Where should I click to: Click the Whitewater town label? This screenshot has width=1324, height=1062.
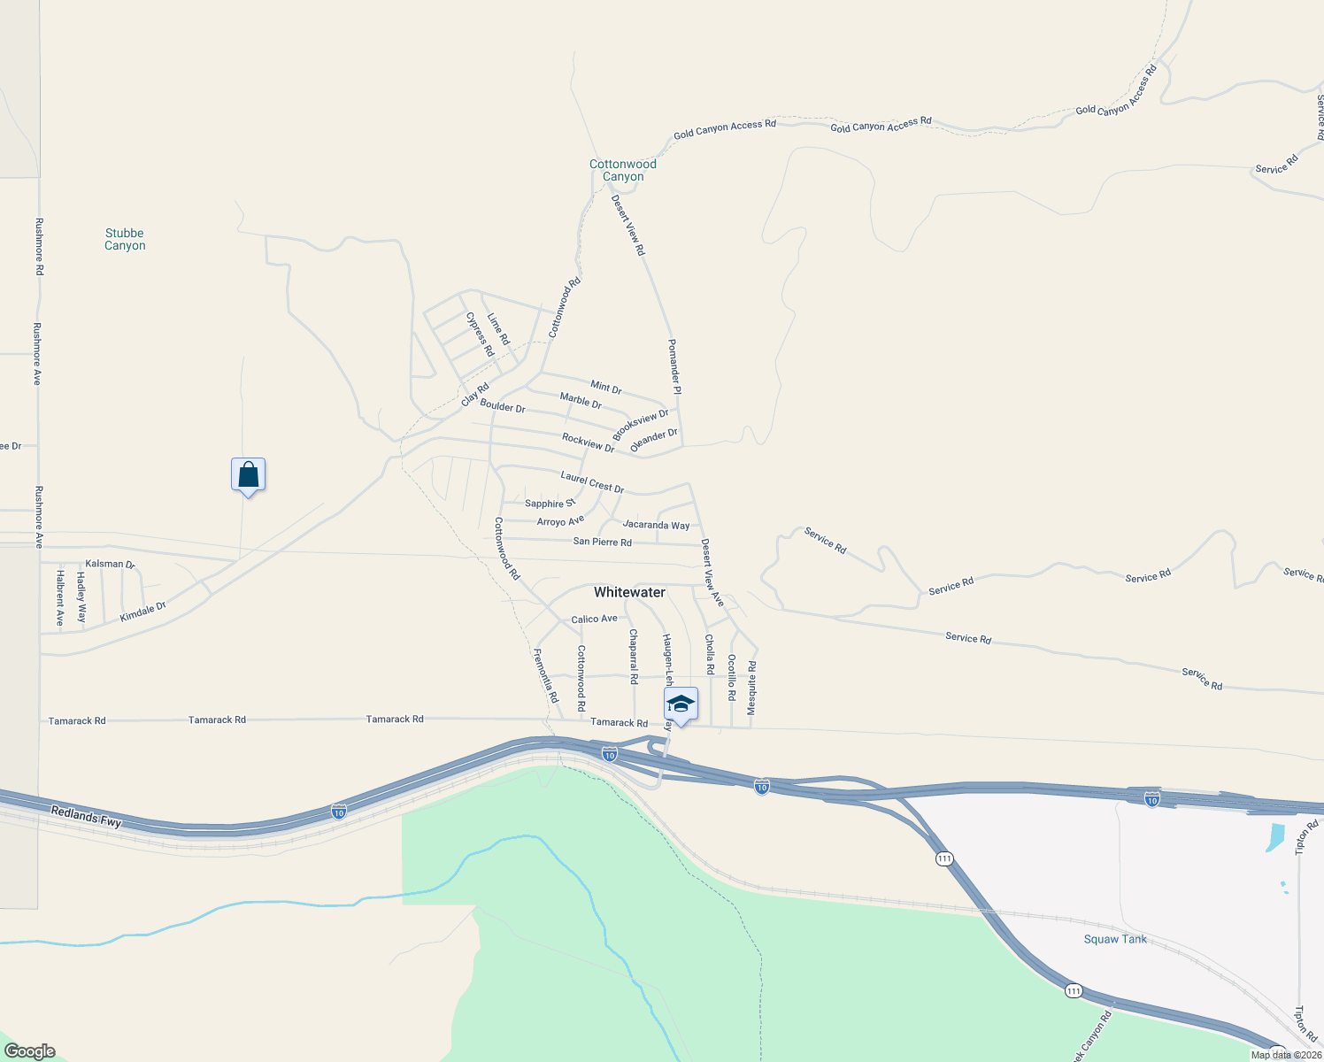pos(629,592)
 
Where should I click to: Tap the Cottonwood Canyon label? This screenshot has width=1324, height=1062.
pos(623,170)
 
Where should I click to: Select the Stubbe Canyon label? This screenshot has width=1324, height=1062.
pos(125,239)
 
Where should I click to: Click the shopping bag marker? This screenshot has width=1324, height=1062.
pos(248,475)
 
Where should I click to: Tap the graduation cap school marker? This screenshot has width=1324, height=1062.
pos(681,704)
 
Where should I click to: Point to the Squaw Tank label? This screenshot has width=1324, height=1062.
pos(1115,939)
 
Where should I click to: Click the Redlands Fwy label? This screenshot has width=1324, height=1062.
pos(86,816)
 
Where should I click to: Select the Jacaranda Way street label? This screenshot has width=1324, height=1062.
pos(656,525)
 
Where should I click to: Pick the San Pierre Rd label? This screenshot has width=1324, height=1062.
pos(602,542)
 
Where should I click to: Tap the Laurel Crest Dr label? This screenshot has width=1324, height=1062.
pos(592,482)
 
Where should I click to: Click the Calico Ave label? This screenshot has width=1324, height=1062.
pos(594,619)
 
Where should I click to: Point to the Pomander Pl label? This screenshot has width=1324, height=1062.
pos(674,366)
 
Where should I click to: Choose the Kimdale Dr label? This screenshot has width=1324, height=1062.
pos(143,612)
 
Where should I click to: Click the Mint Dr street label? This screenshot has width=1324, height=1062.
pos(606,387)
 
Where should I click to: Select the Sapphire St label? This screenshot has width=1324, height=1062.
pos(550,504)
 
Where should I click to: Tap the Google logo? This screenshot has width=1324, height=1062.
pos(29,1051)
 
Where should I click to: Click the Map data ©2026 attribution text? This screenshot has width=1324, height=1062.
pos(1286,1055)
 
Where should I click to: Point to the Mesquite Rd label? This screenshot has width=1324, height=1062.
pos(751,688)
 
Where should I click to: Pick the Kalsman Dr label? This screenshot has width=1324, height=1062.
pos(110,564)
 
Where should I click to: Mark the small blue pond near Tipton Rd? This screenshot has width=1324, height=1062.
pos(1275,836)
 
